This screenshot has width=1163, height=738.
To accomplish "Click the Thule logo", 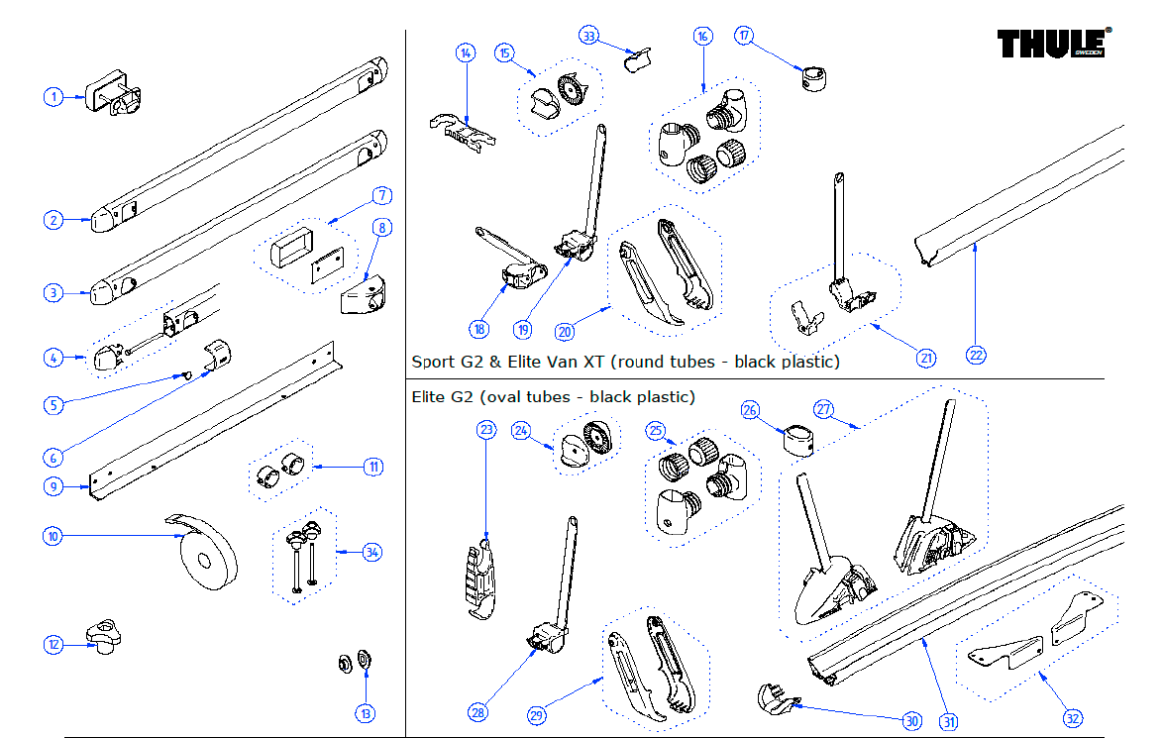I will pyautogui.click(x=1053, y=45).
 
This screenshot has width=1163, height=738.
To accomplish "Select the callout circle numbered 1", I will pyautogui.click(x=53, y=96).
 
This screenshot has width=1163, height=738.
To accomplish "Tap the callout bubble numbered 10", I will pyautogui.click(x=53, y=536).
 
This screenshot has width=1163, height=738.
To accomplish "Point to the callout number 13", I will pyautogui.click(x=367, y=712).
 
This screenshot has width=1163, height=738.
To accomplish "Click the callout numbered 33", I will pyautogui.click(x=589, y=37).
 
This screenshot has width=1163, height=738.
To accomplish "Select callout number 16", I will pyautogui.click(x=702, y=37).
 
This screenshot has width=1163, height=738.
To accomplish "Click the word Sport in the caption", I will pyautogui.click(x=431, y=362).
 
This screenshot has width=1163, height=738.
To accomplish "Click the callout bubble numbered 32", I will pyautogui.click(x=1072, y=717).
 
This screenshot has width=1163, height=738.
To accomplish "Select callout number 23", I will pyautogui.click(x=485, y=430).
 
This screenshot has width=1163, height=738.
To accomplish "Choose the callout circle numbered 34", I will pyautogui.click(x=371, y=552).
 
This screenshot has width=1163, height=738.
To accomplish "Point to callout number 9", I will pyautogui.click(x=53, y=486).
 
